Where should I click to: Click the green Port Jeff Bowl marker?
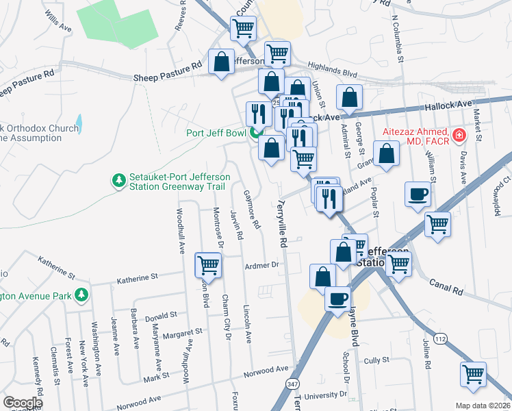[x=257, y=133]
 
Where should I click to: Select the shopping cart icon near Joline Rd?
[x=473, y=373]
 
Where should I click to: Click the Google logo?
[x=22, y=403]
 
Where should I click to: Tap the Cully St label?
[x=376, y=360]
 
